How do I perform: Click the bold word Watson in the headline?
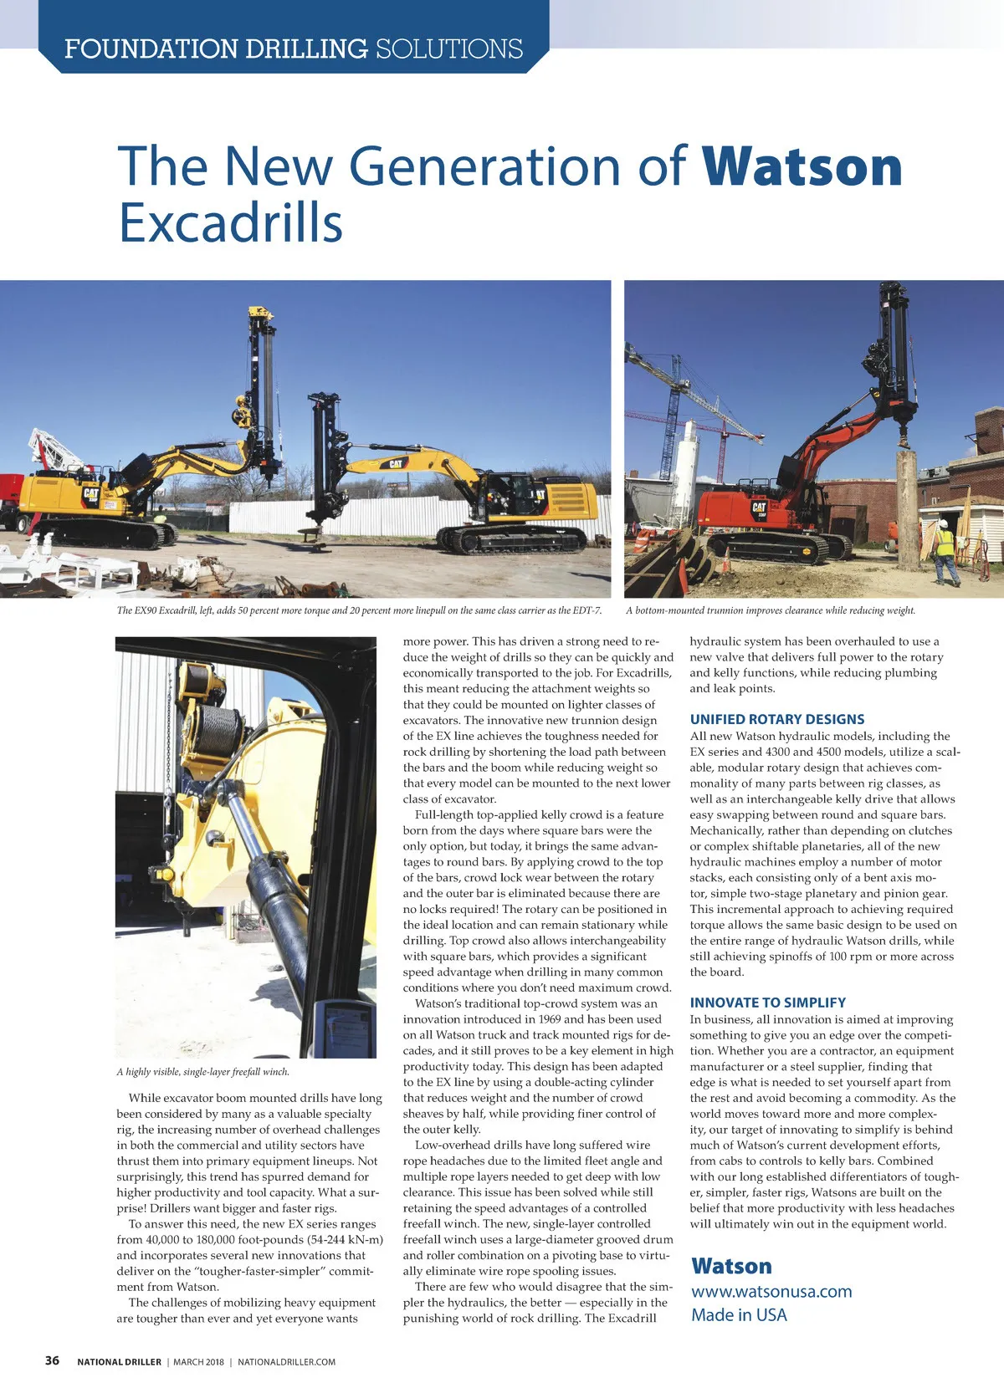(802, 166)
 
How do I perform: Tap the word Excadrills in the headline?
(230, 223)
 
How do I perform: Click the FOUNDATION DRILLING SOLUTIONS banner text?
(294, 48)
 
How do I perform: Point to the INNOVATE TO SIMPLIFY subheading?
(767, 1003)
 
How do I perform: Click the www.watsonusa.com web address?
(771, 1291)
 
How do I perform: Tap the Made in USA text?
(739, 1314)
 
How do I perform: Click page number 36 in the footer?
(52, 1360)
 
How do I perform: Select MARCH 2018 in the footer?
(198, 1362)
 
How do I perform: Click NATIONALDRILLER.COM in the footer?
(286, 1362)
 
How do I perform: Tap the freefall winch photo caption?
(203, 1072)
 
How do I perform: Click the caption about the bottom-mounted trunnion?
(770, 610)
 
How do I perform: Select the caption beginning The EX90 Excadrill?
(359, 610)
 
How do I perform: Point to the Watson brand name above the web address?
(731, 1266)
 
